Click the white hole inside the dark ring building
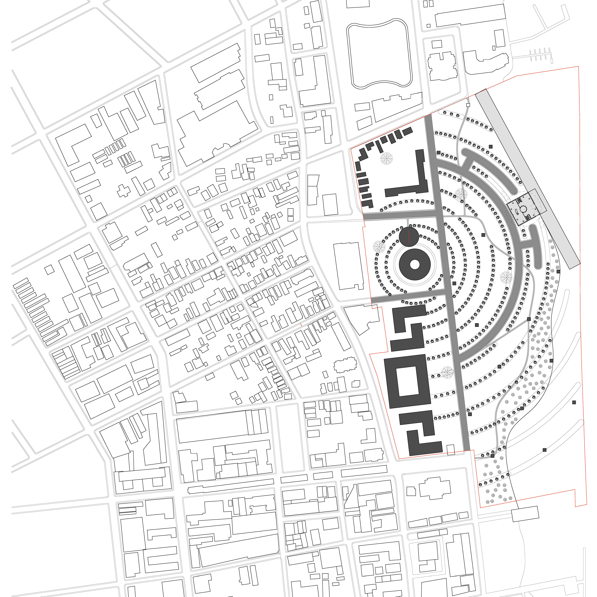click(415, 265)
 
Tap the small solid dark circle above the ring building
click(409, 237)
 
